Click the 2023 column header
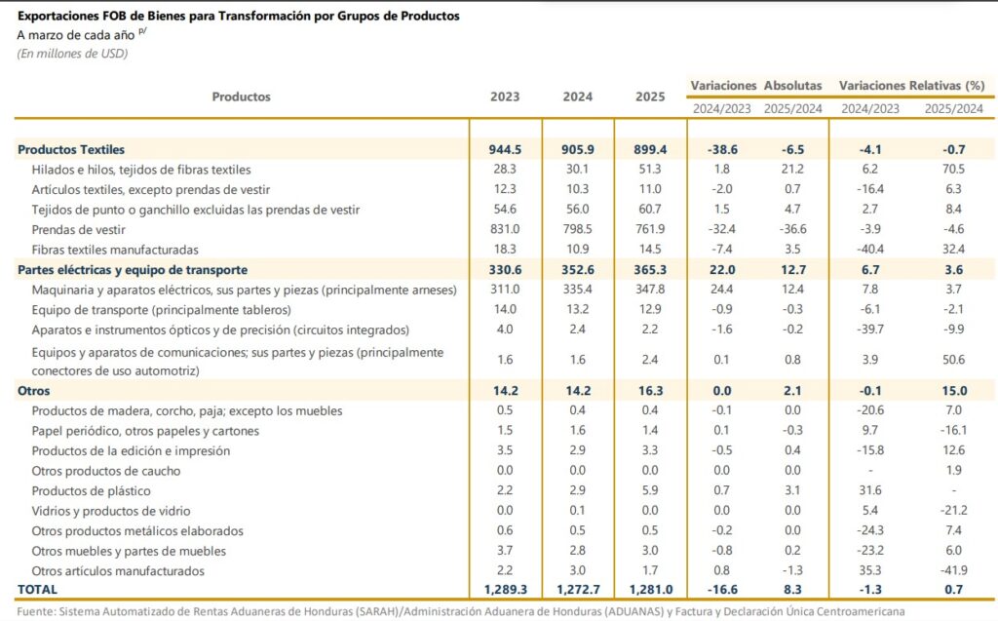point(505,97)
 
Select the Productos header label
point(242,97)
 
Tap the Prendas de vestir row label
point(78,230)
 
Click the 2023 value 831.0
point(505,229)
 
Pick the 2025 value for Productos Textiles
point(650,150)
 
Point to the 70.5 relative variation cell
point(953,170)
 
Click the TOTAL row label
point(38,590)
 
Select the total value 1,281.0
point(650,590)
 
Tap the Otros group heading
point(34,391)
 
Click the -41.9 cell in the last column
point(953,570)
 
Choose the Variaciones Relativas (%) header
point(911,86)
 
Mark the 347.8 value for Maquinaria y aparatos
point(650,290)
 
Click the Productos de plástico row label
point(91,491)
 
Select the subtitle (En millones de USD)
point(72,54)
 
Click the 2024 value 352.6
point(577,270)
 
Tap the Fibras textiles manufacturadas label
point(115,250)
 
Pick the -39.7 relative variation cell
point(870,330)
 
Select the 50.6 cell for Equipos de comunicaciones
point(953,360)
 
